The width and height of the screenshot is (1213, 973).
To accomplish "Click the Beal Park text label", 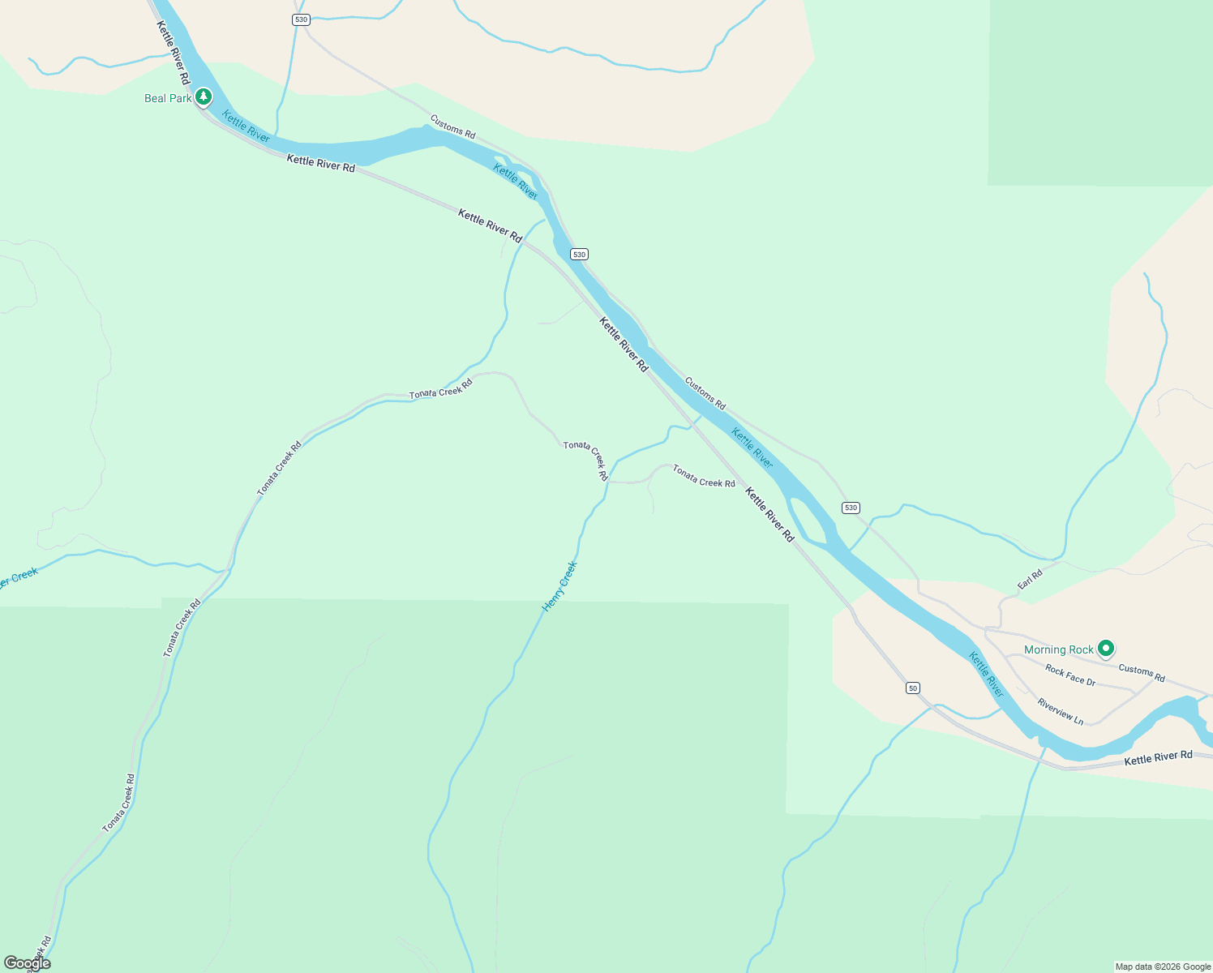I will tap(168, 98).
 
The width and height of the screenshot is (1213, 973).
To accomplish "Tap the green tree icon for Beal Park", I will tap(204, 97).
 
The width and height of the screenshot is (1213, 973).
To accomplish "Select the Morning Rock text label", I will tap(1058, 649).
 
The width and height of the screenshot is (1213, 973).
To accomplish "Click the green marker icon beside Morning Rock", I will tap(1105, 648).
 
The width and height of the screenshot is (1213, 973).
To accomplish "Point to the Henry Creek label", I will tap(559, 585).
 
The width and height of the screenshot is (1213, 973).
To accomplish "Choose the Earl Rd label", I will tap(1030, 580).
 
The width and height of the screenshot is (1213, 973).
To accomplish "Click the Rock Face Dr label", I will tap(1070, 675).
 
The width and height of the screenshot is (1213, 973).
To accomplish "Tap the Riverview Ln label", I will tap(1060, 712).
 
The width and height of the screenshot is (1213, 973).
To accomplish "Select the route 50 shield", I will tap(913, 688).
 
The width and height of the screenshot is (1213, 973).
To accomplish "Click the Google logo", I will tap(27, 963).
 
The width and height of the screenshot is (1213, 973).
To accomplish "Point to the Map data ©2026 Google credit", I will tap(1163, 967).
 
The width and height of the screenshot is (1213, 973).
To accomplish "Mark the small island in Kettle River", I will tap(807, 519).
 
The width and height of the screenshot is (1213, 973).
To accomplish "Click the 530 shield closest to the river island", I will tap(850, 508).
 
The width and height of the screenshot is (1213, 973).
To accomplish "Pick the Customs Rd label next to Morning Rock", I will tap(1142, 673).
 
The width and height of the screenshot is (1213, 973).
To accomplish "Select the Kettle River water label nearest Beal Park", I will tap(246, 126).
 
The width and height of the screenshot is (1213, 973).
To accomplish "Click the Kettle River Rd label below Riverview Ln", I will tap(1158, 757).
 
